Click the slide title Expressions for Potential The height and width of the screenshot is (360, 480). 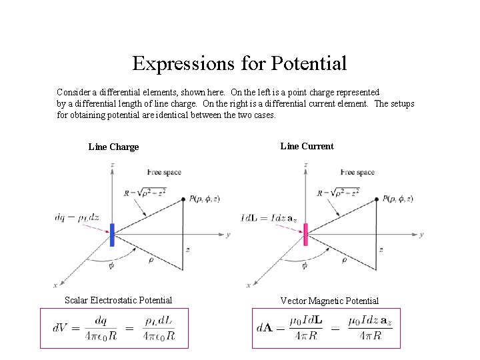pyautogui.click(x=239, y=63)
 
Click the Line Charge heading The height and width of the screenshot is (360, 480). pyautogui.click(x=113, y=147)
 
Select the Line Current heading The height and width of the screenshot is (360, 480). pyautogui.click(x=307, y=146)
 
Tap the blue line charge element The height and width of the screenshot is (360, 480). pyautogui.click(x=112, y=235)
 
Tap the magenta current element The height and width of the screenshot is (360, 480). pyautogui.click(x=305, y=235)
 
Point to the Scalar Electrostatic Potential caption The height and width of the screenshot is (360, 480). pyautogui.click(x=118, y=300)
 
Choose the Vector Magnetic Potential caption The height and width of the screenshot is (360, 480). pyautogui.click(x=329, y=301)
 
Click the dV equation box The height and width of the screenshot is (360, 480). pyautogui.click(x=115, y=328)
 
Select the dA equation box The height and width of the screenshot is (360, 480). pyautogui.click(x=326, y=328)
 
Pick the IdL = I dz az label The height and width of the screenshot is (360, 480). pyautogui.click(x=269, y=217)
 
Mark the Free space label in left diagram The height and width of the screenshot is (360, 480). pyautogui.click(x=164, y=172)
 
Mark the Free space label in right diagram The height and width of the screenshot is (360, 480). pyautogui.click(x=357, y=172)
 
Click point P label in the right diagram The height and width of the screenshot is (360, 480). pyautogui.click(x=398, y=199)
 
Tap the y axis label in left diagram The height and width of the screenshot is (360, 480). pyautogui.click(x=228, y=235)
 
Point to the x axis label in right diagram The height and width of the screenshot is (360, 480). pyautogui.click(x=248, y=285)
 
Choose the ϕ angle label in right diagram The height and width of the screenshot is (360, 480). pyautogui.click(x=305, y=265)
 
